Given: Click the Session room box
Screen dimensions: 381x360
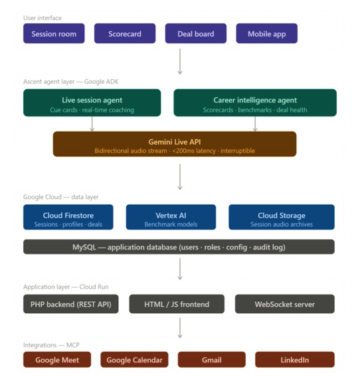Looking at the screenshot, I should tap(54, 34).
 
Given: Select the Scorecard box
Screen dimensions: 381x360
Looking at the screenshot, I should tap(125, 34).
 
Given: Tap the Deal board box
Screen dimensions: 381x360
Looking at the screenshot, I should tap(196, 34).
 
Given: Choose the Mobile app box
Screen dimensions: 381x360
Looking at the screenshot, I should tap(266, 34).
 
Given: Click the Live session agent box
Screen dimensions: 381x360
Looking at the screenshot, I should tap(92, 103).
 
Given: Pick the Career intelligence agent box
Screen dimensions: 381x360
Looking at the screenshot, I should tap(255, 103).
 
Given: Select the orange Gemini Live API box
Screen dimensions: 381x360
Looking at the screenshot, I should tap(175, 144).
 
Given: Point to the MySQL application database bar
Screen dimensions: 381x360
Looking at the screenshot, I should tap(179, 247).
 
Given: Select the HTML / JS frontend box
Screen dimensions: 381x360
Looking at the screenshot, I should tap(177, 304).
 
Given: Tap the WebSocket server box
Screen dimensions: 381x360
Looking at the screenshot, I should tap(285, 304).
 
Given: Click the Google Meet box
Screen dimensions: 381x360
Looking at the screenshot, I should tap(57, 360).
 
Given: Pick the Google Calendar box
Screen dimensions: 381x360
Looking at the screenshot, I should tap(135, 360).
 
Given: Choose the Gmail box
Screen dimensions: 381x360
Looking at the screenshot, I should tap(211, 360).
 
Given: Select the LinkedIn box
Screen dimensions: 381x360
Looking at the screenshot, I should tap(294, 360).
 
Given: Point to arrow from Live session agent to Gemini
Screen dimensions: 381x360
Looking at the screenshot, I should tap(92, 124).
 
